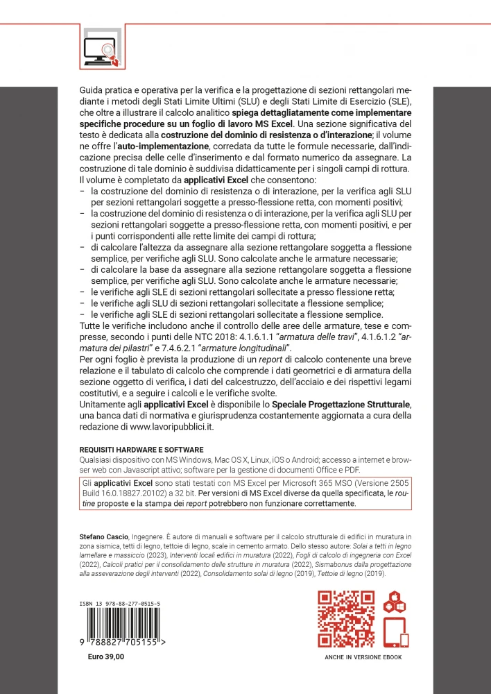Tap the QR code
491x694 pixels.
(x=345, y=617)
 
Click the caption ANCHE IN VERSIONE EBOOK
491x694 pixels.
(x=363, y=657)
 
